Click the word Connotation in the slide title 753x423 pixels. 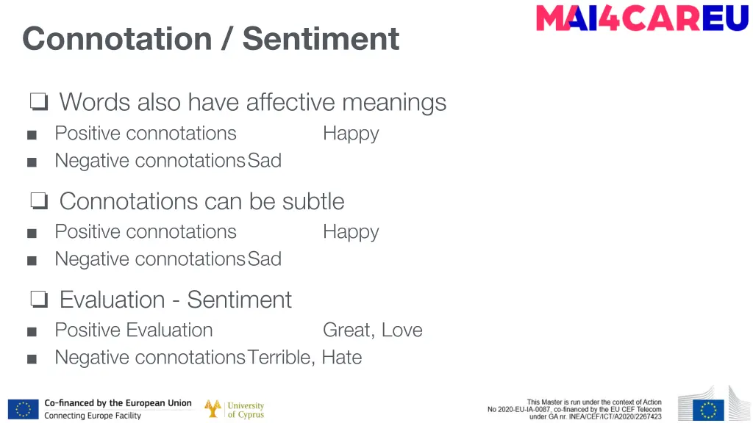click(117, 38)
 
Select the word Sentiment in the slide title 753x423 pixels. click(321, 38)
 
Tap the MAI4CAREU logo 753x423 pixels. click(641, 18)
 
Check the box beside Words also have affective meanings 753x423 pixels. click(39, 102)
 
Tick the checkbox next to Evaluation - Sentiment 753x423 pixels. click(39, 300)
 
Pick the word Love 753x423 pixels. click(402, 330)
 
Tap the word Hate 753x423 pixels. click(342, 357)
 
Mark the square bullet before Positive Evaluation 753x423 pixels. click(31, 331)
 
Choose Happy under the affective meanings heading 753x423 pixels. click(351, 134)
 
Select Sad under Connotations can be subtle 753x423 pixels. click(265, 258)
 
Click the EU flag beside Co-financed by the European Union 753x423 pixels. click(24, 409)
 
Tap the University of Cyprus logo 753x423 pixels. click(235, 409)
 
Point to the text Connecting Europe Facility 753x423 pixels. click(93, 416)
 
